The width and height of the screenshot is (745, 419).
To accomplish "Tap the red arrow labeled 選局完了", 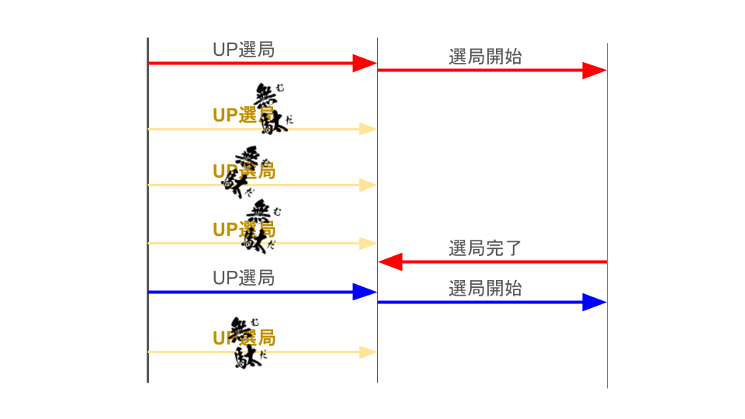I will click(x=497, y=262).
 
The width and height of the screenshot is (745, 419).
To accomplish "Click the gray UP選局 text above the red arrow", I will click(x=244, y=50).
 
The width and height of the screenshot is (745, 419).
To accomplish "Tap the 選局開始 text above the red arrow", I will click(x=485, y=57).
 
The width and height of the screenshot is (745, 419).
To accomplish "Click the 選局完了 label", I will click(x=485, y=249).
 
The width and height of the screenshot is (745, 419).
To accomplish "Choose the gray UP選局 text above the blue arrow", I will click(x=244, y=278).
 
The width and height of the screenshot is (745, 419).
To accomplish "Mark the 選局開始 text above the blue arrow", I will click(x=485, y=289).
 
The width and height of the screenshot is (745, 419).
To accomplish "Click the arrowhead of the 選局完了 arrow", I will click(x=390, y=262).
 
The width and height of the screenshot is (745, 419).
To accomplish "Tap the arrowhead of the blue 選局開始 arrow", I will click(x=594, y=302).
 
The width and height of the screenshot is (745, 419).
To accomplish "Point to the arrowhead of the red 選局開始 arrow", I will click(x=594, y=71).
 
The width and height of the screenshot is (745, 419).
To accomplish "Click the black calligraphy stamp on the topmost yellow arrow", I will click(x=272, y=108).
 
